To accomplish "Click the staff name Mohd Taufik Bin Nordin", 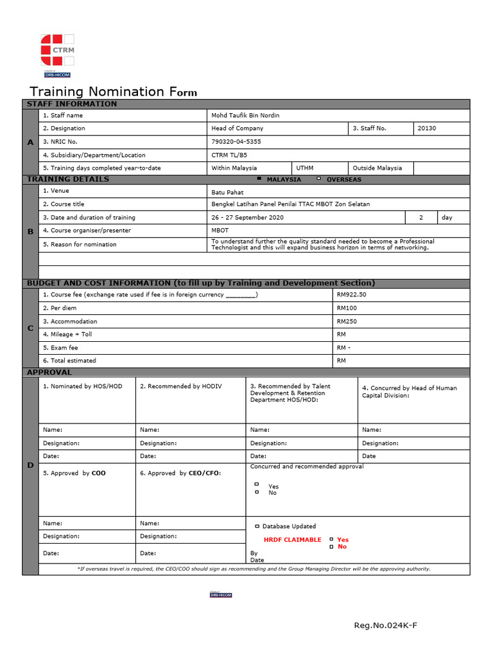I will [245, 116].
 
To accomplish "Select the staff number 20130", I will [426, 129].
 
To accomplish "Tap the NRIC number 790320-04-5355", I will [236, 142].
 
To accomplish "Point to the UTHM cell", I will [304, 168].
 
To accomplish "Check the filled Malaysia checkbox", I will [259, 179].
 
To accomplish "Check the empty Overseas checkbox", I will [318, 179].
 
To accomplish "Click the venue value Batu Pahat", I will [227, 192].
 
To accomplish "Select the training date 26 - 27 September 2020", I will [247, 218].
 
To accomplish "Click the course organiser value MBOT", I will [220, 231].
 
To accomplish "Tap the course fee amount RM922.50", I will [351, 295].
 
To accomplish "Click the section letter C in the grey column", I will [30, 328].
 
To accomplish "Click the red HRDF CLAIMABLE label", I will [292, 540].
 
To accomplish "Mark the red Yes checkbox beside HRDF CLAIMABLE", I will [331, 540].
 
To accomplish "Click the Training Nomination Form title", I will [114, 91].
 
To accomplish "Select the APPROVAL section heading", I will [49, 372].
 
